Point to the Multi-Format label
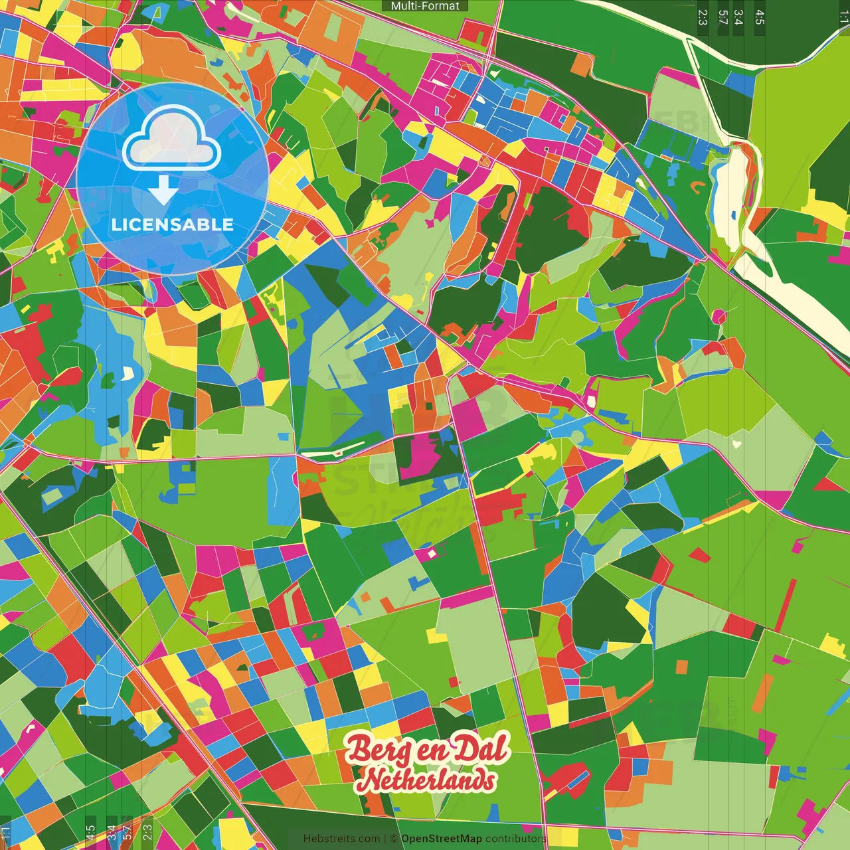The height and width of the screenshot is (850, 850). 425,6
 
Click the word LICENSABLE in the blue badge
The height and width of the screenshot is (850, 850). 173,224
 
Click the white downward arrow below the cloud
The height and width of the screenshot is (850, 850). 163,190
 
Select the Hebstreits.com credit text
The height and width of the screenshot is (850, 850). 341,839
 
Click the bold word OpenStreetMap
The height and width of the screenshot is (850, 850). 442,839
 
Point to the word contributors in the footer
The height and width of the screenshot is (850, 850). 515,839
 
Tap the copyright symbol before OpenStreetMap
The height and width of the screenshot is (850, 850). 394,839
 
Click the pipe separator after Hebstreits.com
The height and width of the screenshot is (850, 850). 384,839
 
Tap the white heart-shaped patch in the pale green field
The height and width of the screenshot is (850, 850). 736,442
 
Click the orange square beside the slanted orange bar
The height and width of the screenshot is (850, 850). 681,667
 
